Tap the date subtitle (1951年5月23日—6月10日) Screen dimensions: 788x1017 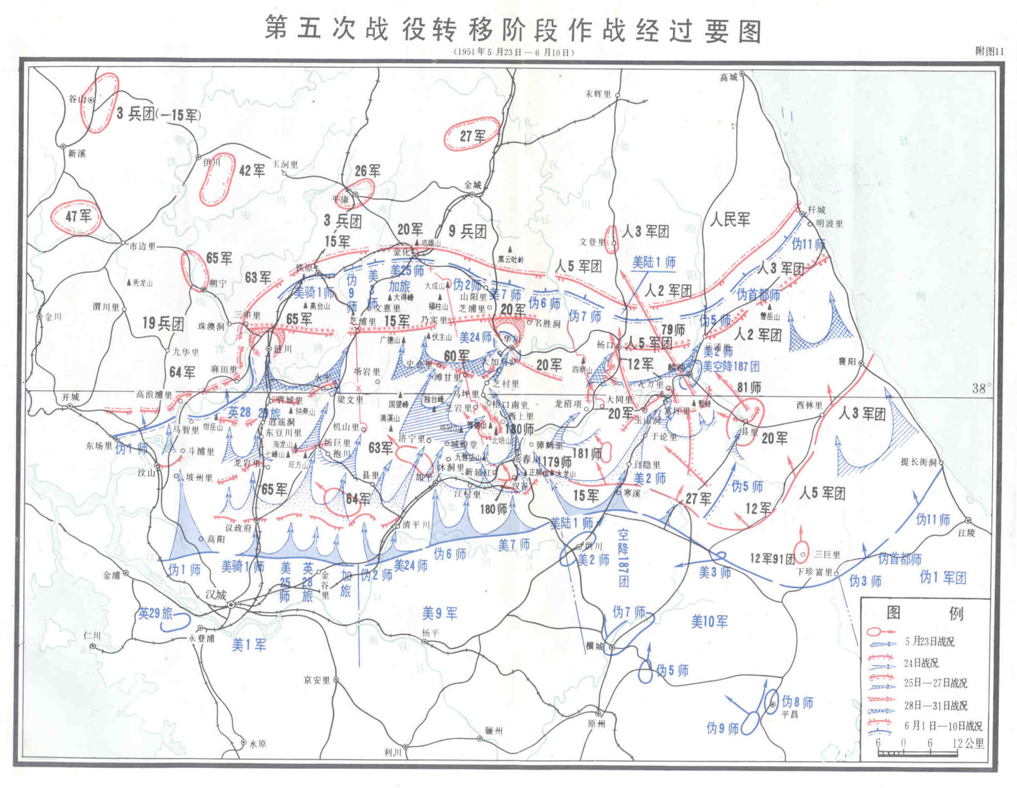pos(513,52)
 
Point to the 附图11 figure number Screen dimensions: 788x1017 pos(989,51)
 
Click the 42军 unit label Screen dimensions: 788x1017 pos(252,171)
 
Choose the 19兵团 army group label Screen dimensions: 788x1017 pos(163,323)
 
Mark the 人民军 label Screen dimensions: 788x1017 pos(730,219)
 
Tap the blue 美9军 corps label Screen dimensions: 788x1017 pos(440,614)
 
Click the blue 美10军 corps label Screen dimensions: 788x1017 pos(709,621)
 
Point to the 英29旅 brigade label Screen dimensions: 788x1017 pos(155,614)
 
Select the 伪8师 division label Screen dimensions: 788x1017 pos(797,703)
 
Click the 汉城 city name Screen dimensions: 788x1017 pos(216,595)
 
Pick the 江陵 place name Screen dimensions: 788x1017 pos(966,533)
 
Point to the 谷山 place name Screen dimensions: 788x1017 pos(77,99)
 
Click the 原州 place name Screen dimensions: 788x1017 pos(596,723)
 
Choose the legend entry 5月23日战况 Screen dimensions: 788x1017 pos(929,642)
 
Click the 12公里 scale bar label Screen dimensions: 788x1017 pos(968,743)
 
